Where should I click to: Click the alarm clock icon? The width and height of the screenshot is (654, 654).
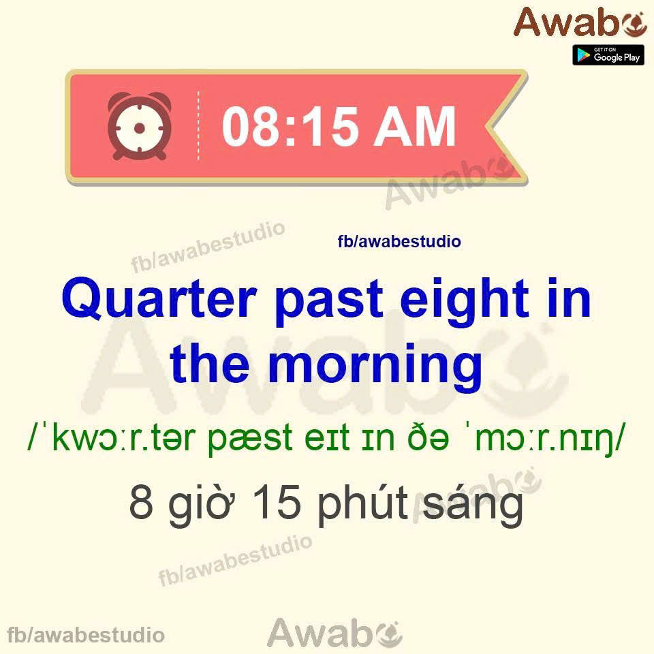(139, 126)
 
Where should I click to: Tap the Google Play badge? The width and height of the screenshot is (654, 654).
(608, 55)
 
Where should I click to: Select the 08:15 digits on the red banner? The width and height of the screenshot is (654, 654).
(290, 126)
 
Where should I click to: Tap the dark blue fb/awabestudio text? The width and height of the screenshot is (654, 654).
(399, 241)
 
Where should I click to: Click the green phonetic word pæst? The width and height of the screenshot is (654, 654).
(250, 439)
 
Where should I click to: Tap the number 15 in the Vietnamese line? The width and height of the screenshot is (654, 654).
(277, 502)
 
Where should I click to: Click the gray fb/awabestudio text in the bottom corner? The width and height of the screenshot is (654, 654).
(86, 635)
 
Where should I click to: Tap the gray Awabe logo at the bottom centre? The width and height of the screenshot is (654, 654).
(334, 633)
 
